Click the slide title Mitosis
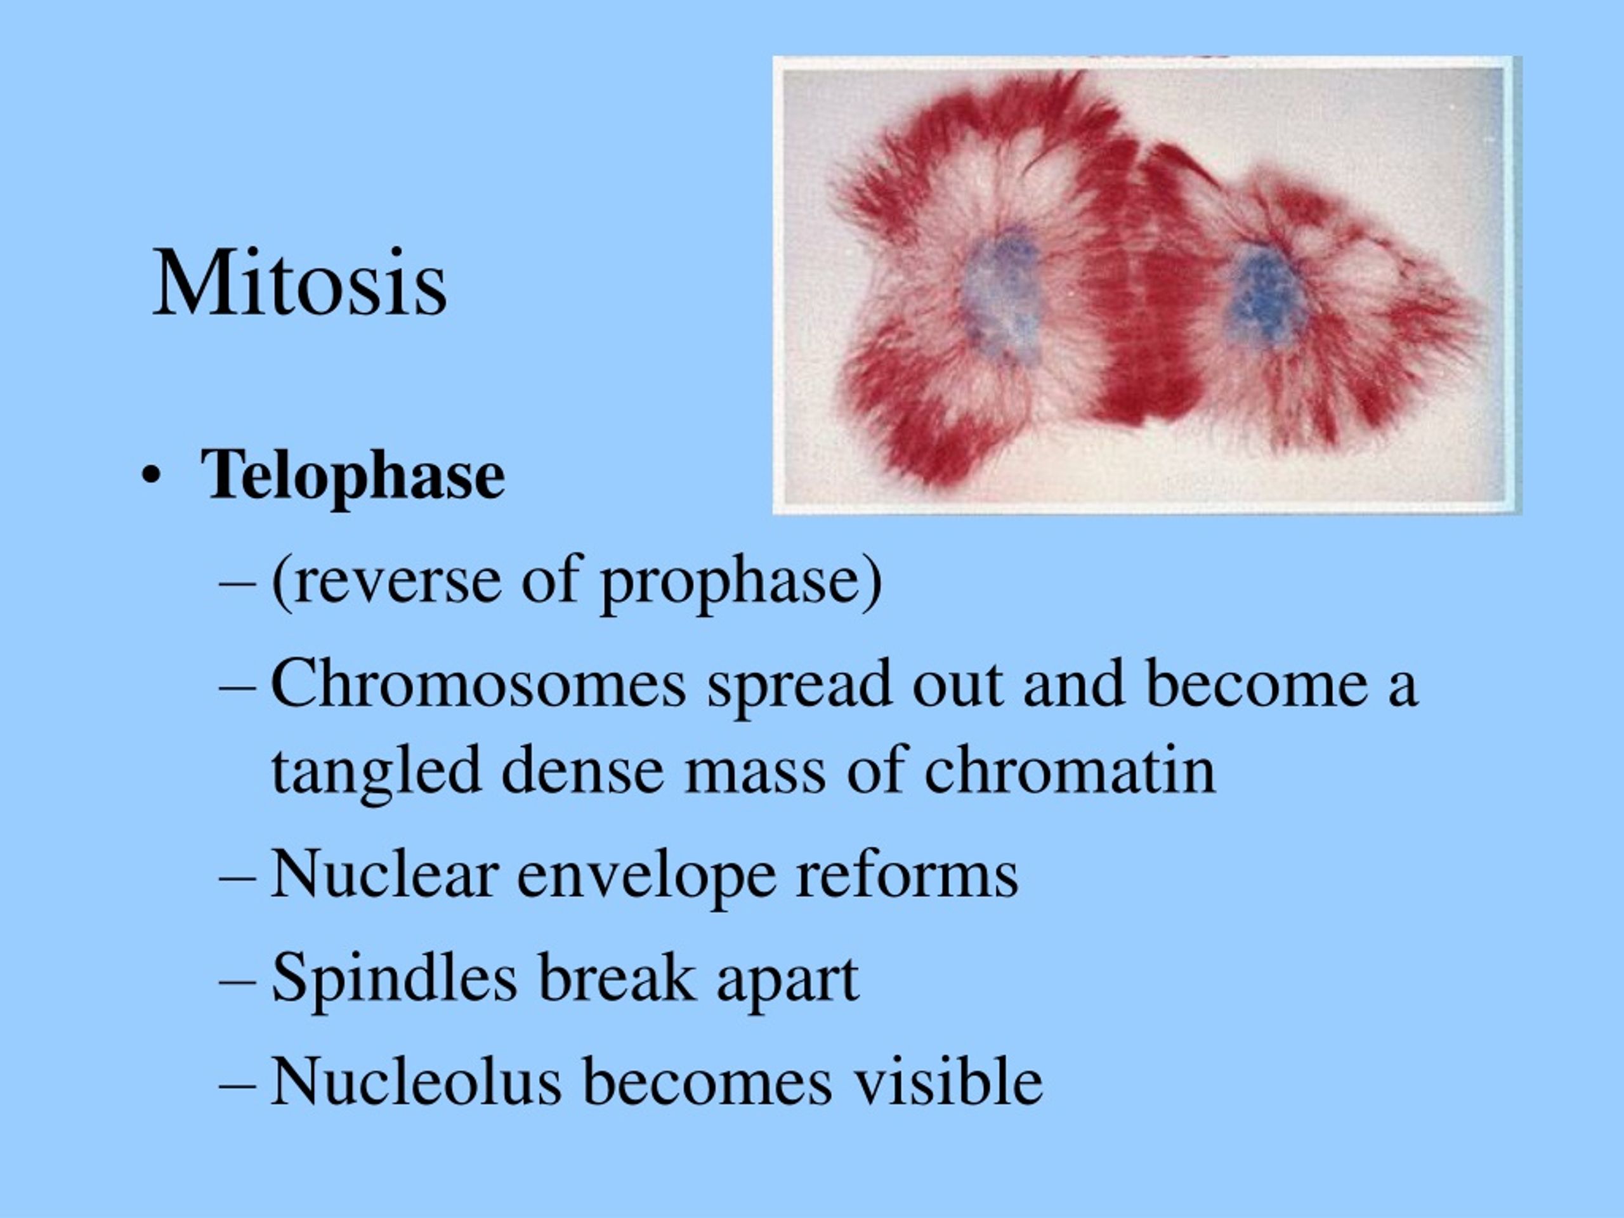tap(299, 284)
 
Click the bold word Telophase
tap(353, 475)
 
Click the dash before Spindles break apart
tap(238, 982)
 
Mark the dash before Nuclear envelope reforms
tap(238, 879)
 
